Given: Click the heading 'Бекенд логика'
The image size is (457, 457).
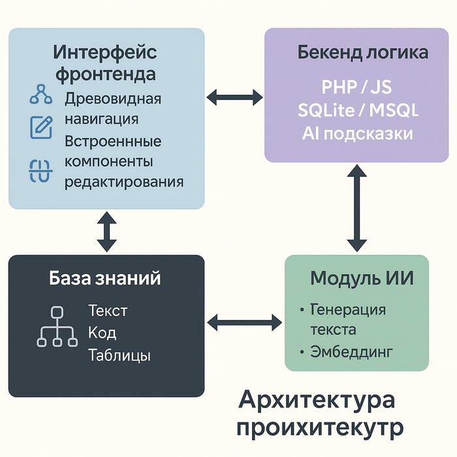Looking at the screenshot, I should tap(362, 53).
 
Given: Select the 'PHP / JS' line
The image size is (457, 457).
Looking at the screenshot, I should tap(358, 87).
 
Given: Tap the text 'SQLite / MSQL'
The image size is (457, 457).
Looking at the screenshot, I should tap(358, 110).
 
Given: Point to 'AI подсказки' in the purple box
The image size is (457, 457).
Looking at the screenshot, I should tap(358, 133).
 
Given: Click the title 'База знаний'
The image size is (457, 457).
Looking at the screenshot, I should tap(105, 279).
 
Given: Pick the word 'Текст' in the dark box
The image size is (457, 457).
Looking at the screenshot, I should tap(107, 310).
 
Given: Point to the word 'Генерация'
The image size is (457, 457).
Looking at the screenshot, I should tap(347, 309).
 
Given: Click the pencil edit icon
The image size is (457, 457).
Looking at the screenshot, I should tap(42, 127).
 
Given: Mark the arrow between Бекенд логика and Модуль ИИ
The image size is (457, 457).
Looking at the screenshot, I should tap(356, 208).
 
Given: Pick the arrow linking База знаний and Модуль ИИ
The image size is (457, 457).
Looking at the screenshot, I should tap(244, 321).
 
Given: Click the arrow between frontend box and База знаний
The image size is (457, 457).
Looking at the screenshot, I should tap(106, 232).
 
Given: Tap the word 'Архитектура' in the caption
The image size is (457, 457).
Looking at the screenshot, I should tap(317, 400).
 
